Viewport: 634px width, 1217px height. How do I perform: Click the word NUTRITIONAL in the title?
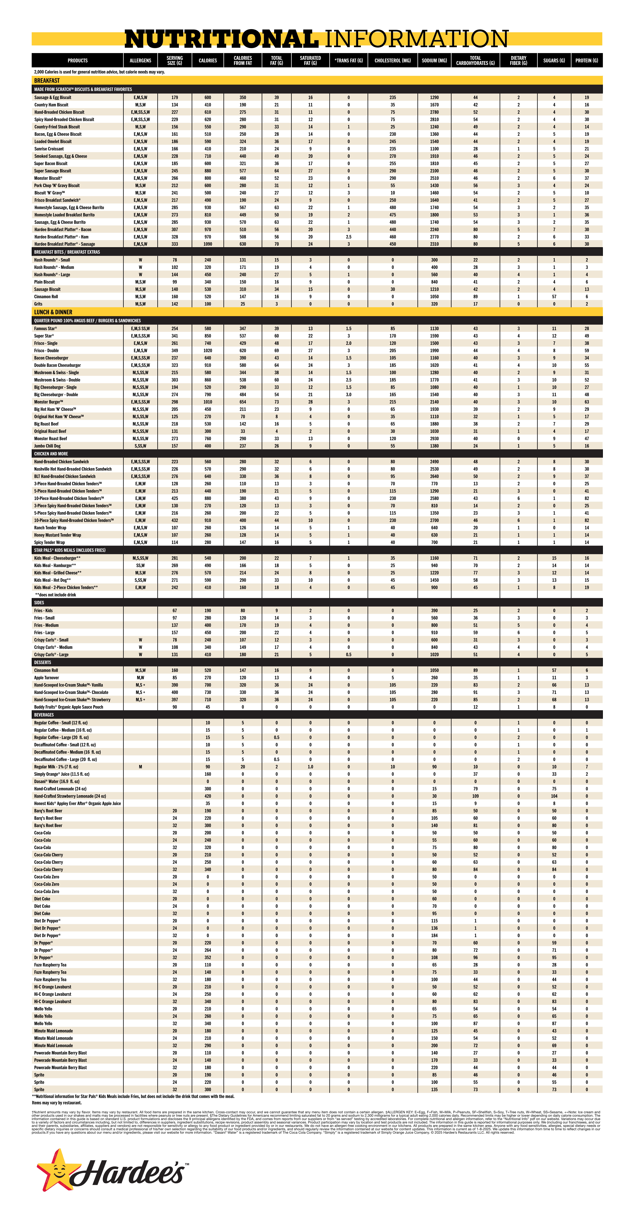(x=221, y=39)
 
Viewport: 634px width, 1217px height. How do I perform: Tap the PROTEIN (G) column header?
(x=586, y=60)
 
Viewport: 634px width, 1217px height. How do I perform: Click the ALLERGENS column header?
(x=140, y=60)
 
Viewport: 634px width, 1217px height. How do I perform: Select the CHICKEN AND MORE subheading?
(x=51, y=454)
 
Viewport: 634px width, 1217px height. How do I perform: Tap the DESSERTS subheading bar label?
(x=42, y=662)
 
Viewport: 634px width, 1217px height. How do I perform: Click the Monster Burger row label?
(x=48, y=402)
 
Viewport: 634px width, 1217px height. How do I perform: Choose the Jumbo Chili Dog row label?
(x=47, y=446)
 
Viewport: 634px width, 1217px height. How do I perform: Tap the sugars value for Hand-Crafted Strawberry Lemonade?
(x=554, y=796)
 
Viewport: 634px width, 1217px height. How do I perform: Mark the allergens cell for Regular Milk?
(x=140, y=767)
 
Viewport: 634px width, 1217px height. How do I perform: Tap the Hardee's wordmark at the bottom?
(x=128, y=1173)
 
